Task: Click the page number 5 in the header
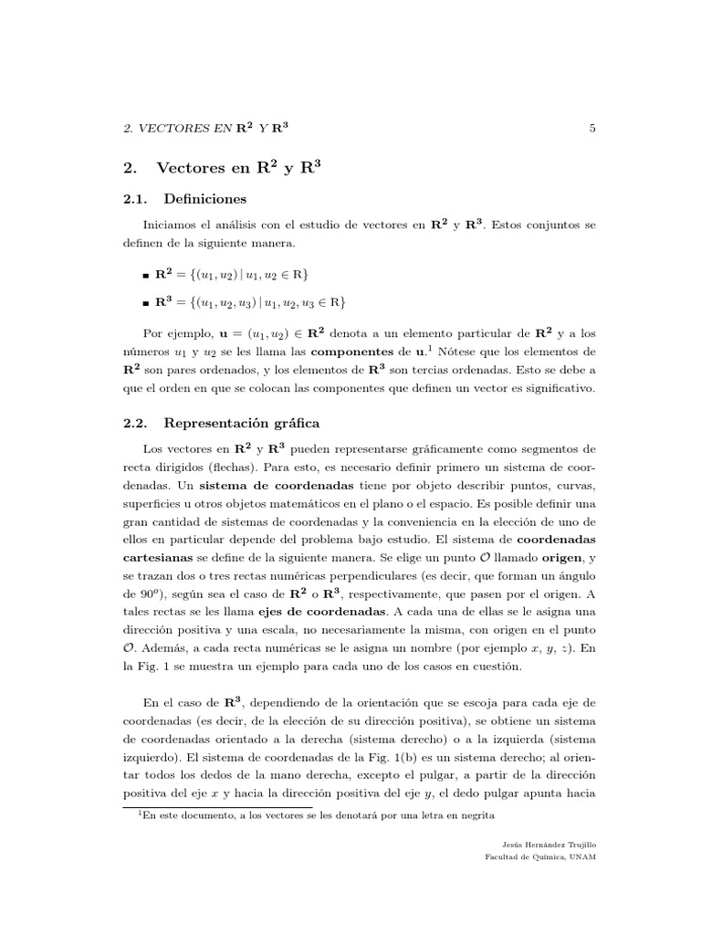[592, 129]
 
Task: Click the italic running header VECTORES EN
[187, 129]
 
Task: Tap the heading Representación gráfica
[241, 423]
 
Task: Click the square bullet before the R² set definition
[146, 275]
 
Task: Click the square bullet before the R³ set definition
[146, 303]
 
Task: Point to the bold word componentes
[358, 351]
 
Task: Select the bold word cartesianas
[159, 557]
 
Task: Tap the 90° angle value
[133, 593]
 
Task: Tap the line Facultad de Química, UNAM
[539, 858]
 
